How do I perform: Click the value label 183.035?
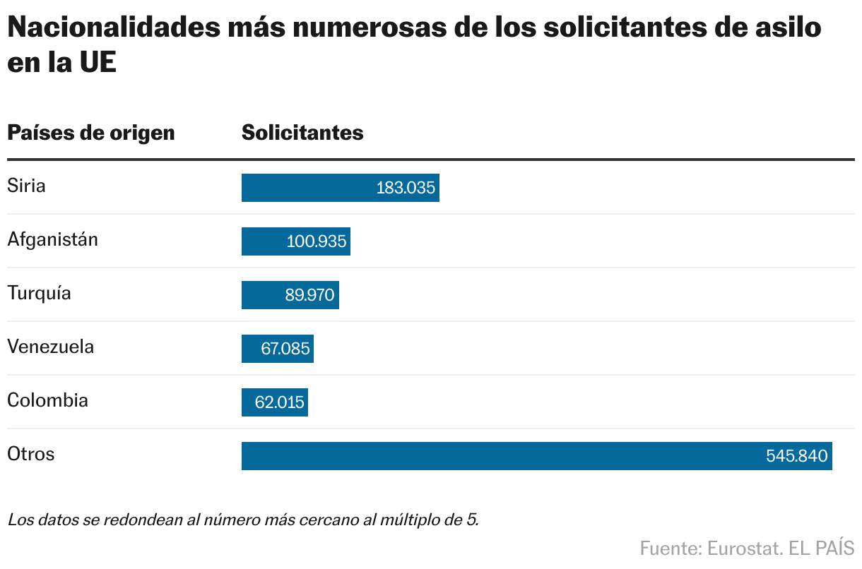406,188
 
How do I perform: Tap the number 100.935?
317,242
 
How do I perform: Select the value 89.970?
309,296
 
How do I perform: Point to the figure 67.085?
285,349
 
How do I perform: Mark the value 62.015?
280,403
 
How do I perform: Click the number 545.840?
796,457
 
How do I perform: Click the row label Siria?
26,186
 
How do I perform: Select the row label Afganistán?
53,239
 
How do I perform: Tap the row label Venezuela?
50,347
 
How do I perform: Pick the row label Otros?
31,453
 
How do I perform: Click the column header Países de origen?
91,133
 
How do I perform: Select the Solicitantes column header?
302,133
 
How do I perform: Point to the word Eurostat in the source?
738,548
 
